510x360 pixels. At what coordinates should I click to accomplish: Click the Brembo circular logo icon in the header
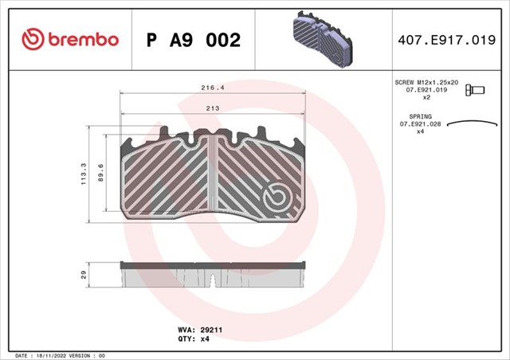coord(33,39)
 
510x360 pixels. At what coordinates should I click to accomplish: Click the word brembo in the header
coord(83,40)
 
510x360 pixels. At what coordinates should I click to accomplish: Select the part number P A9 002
coord(194,40)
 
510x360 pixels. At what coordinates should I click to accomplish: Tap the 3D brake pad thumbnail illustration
coord(322,39)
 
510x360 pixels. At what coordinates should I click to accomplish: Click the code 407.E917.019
coord(446,40)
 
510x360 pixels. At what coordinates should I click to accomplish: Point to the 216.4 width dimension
coord(213,88)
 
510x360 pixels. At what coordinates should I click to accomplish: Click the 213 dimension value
coord(213,108)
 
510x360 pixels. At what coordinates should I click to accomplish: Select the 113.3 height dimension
coord(84,174)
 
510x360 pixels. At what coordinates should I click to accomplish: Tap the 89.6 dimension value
coord(100,173)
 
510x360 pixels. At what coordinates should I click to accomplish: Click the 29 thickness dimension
coord(84,275)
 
